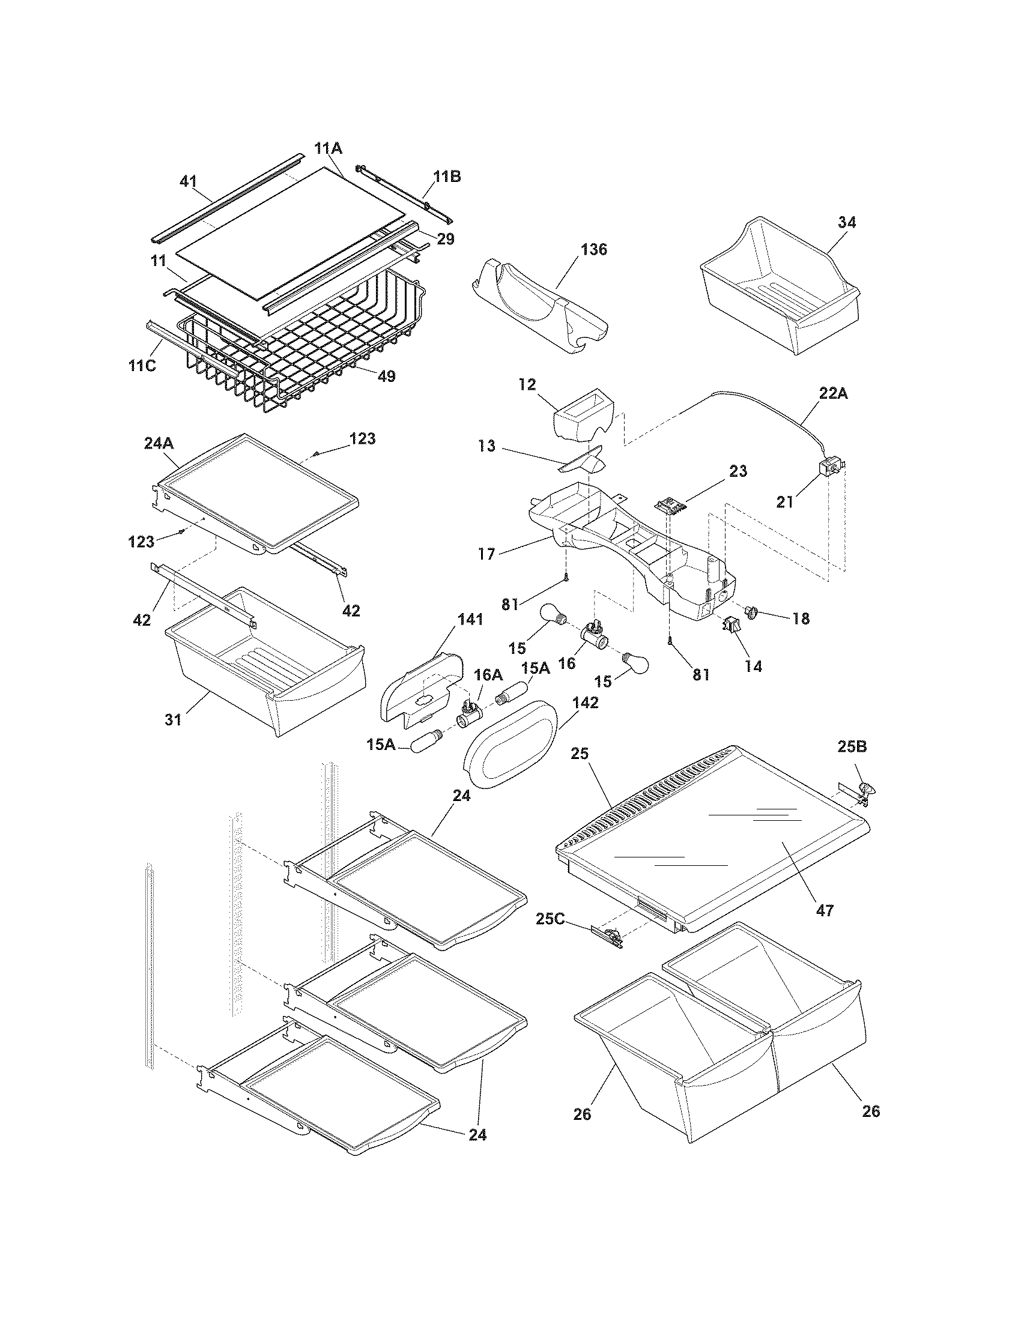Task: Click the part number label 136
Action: click(594, 249)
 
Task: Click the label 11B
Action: click(446, 177)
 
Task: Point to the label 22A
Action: click(834, 394)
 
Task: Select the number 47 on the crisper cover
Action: click(825, 910)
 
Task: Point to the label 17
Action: click(486, 554)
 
